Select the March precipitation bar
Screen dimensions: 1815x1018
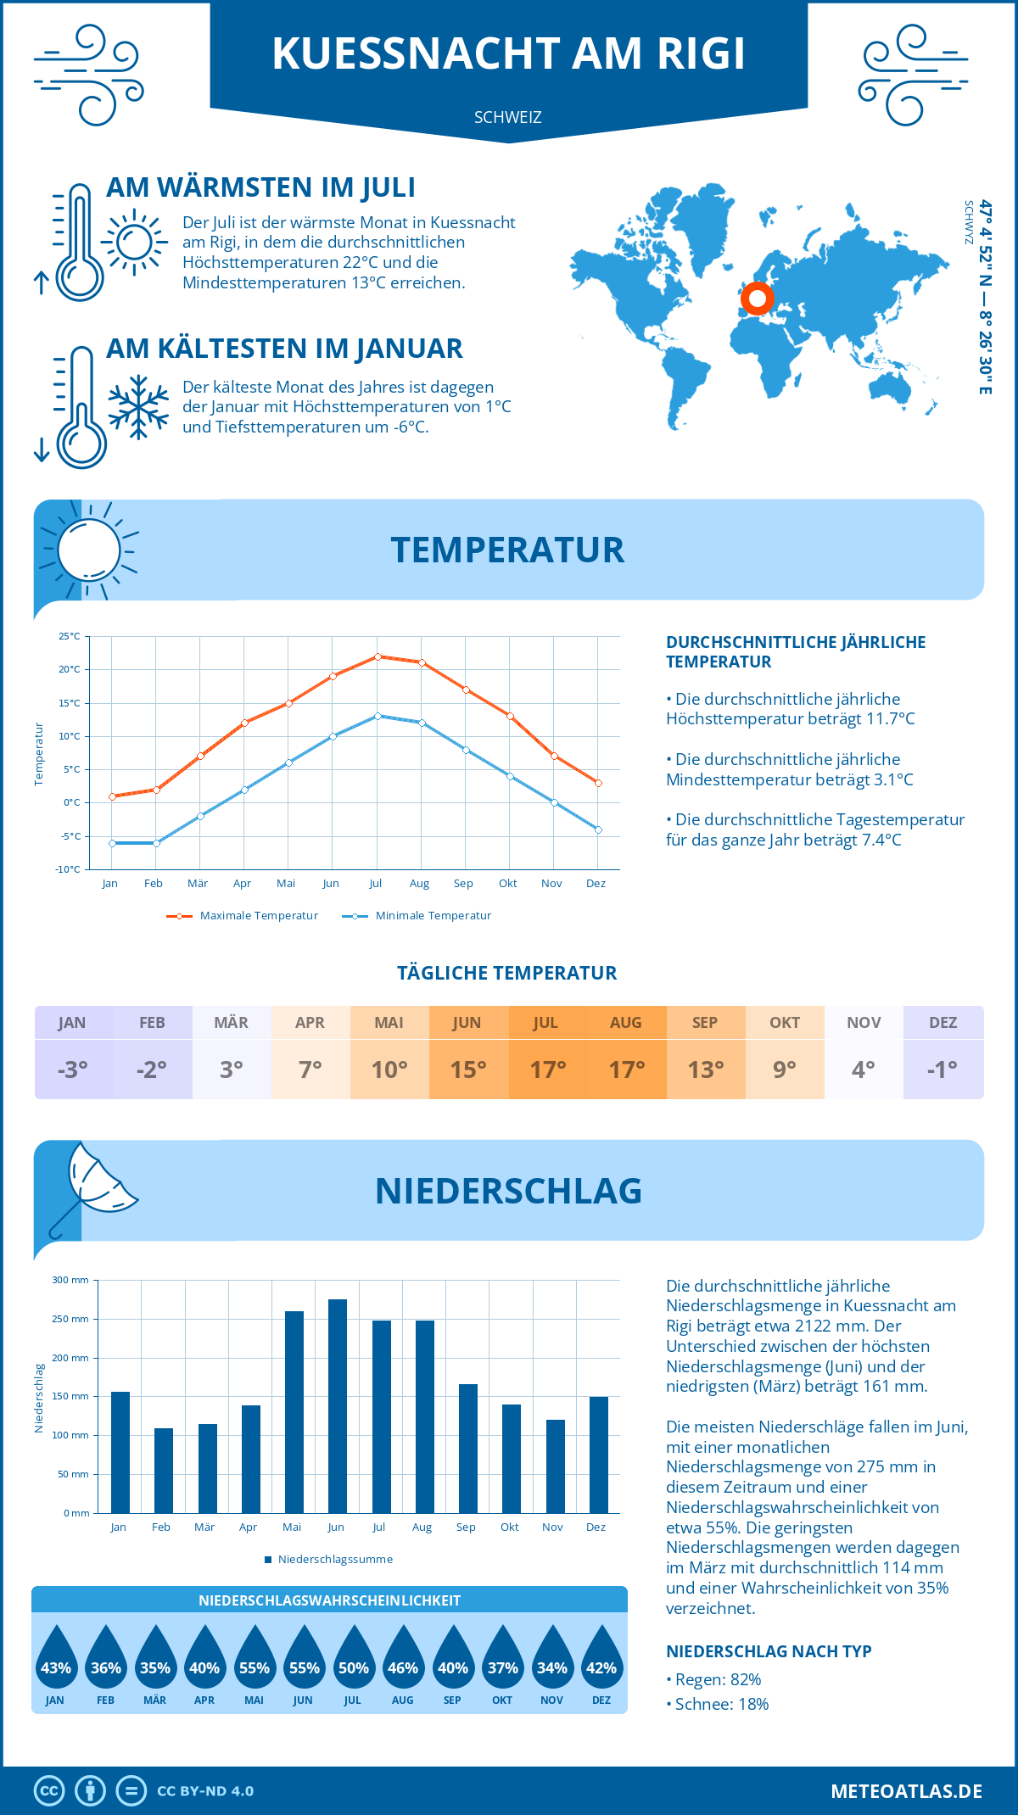(207, 1468)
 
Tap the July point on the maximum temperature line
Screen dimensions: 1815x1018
(378, 656)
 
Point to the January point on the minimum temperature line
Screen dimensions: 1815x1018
(112, 843)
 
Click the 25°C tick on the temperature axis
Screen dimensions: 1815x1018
(70, 636)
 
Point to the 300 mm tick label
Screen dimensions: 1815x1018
(70, 1280)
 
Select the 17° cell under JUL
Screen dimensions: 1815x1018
(547, 1069)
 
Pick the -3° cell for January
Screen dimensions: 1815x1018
(73, 1069)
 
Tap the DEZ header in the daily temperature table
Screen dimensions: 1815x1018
(942, 1023)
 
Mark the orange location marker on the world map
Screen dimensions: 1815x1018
(757, 299)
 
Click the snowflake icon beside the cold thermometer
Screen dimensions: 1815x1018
(138, 407)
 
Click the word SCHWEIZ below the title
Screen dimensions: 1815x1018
(507, 117)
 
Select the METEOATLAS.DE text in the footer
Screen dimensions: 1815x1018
(906, 1791)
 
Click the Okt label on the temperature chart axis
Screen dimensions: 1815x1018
(507, 884)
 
